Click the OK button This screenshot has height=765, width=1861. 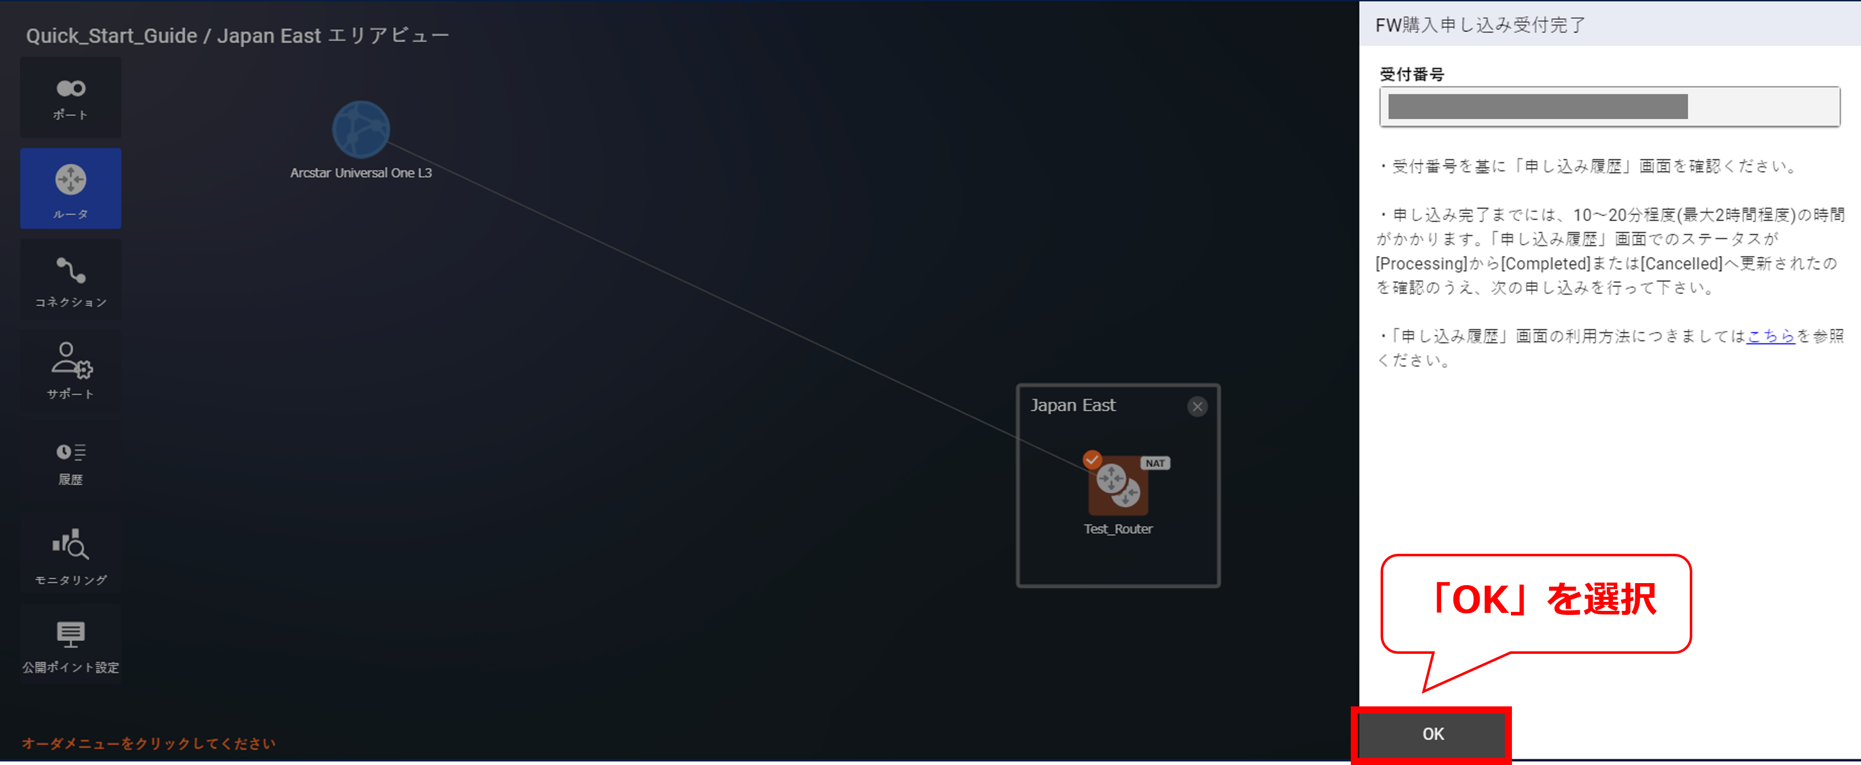1433,734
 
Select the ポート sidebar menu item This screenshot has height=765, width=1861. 71,98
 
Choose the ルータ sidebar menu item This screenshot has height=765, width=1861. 71,188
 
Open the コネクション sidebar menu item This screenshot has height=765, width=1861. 71,280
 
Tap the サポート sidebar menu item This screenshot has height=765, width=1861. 71,370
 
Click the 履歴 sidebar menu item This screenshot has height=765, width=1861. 71,462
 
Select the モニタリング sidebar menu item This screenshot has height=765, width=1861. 71,554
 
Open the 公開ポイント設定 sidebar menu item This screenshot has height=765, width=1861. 71,645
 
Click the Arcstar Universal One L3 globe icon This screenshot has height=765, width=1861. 361,130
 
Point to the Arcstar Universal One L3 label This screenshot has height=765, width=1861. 361,173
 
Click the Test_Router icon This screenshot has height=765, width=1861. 1117,484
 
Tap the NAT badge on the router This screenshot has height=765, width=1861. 1154,463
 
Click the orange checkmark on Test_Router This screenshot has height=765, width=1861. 1092,459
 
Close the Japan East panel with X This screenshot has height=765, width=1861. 1197,407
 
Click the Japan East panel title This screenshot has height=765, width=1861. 1073,405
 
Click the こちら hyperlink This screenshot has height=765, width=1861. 1770,336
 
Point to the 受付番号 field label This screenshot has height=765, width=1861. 1411,74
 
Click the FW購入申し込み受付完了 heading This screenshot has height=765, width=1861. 1480,25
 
